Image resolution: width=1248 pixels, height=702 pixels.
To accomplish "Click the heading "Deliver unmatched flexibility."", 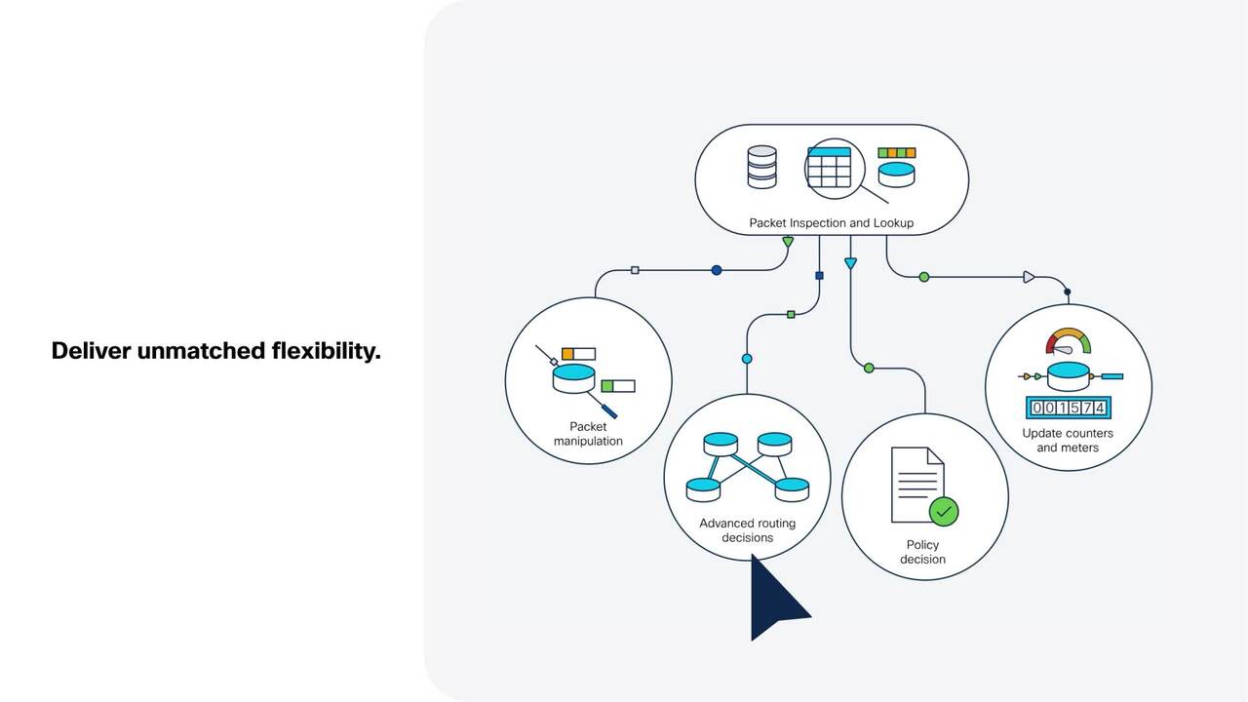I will (215, 351).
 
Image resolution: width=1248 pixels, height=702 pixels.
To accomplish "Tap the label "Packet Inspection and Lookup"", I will (831, 223).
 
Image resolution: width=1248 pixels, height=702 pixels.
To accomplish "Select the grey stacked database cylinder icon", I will (761, 167).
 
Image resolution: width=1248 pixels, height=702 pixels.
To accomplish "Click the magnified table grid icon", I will (829, 168).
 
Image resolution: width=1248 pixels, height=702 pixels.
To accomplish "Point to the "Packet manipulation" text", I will (588, 434).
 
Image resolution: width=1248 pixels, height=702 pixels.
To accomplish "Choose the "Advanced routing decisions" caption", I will (747, 530).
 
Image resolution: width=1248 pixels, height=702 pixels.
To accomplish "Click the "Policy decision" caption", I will (922, 552).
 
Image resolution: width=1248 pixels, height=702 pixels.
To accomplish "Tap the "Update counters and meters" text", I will (1068, 441).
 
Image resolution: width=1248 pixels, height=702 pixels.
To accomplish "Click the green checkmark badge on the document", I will (943, 510).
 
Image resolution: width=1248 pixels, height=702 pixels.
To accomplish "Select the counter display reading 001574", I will (1068, 408).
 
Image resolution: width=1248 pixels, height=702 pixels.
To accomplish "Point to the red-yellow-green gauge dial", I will (1068, 341).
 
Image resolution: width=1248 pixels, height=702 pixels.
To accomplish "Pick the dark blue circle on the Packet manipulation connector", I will (717, 270).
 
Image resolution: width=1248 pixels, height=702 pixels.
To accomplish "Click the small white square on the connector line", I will (635, 270).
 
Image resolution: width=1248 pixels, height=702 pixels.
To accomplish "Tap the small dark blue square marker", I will (819, 276).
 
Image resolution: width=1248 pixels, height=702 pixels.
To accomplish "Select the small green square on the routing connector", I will (791, 315).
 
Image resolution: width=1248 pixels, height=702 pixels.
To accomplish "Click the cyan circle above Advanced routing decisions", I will (747, 359).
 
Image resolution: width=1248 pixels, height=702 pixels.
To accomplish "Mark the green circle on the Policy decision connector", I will (869, 369).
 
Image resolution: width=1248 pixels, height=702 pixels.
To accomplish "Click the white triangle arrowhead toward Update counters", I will (1029, 277).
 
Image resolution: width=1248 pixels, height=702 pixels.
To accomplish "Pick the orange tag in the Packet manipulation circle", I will (567, 353).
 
